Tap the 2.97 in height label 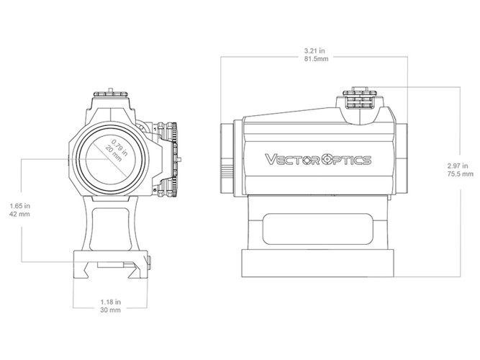pos(460,166)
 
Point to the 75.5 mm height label pos(460,174)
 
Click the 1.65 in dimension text pos(19,206)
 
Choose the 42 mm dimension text pos(19,215)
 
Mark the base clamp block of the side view pos(317,265)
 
